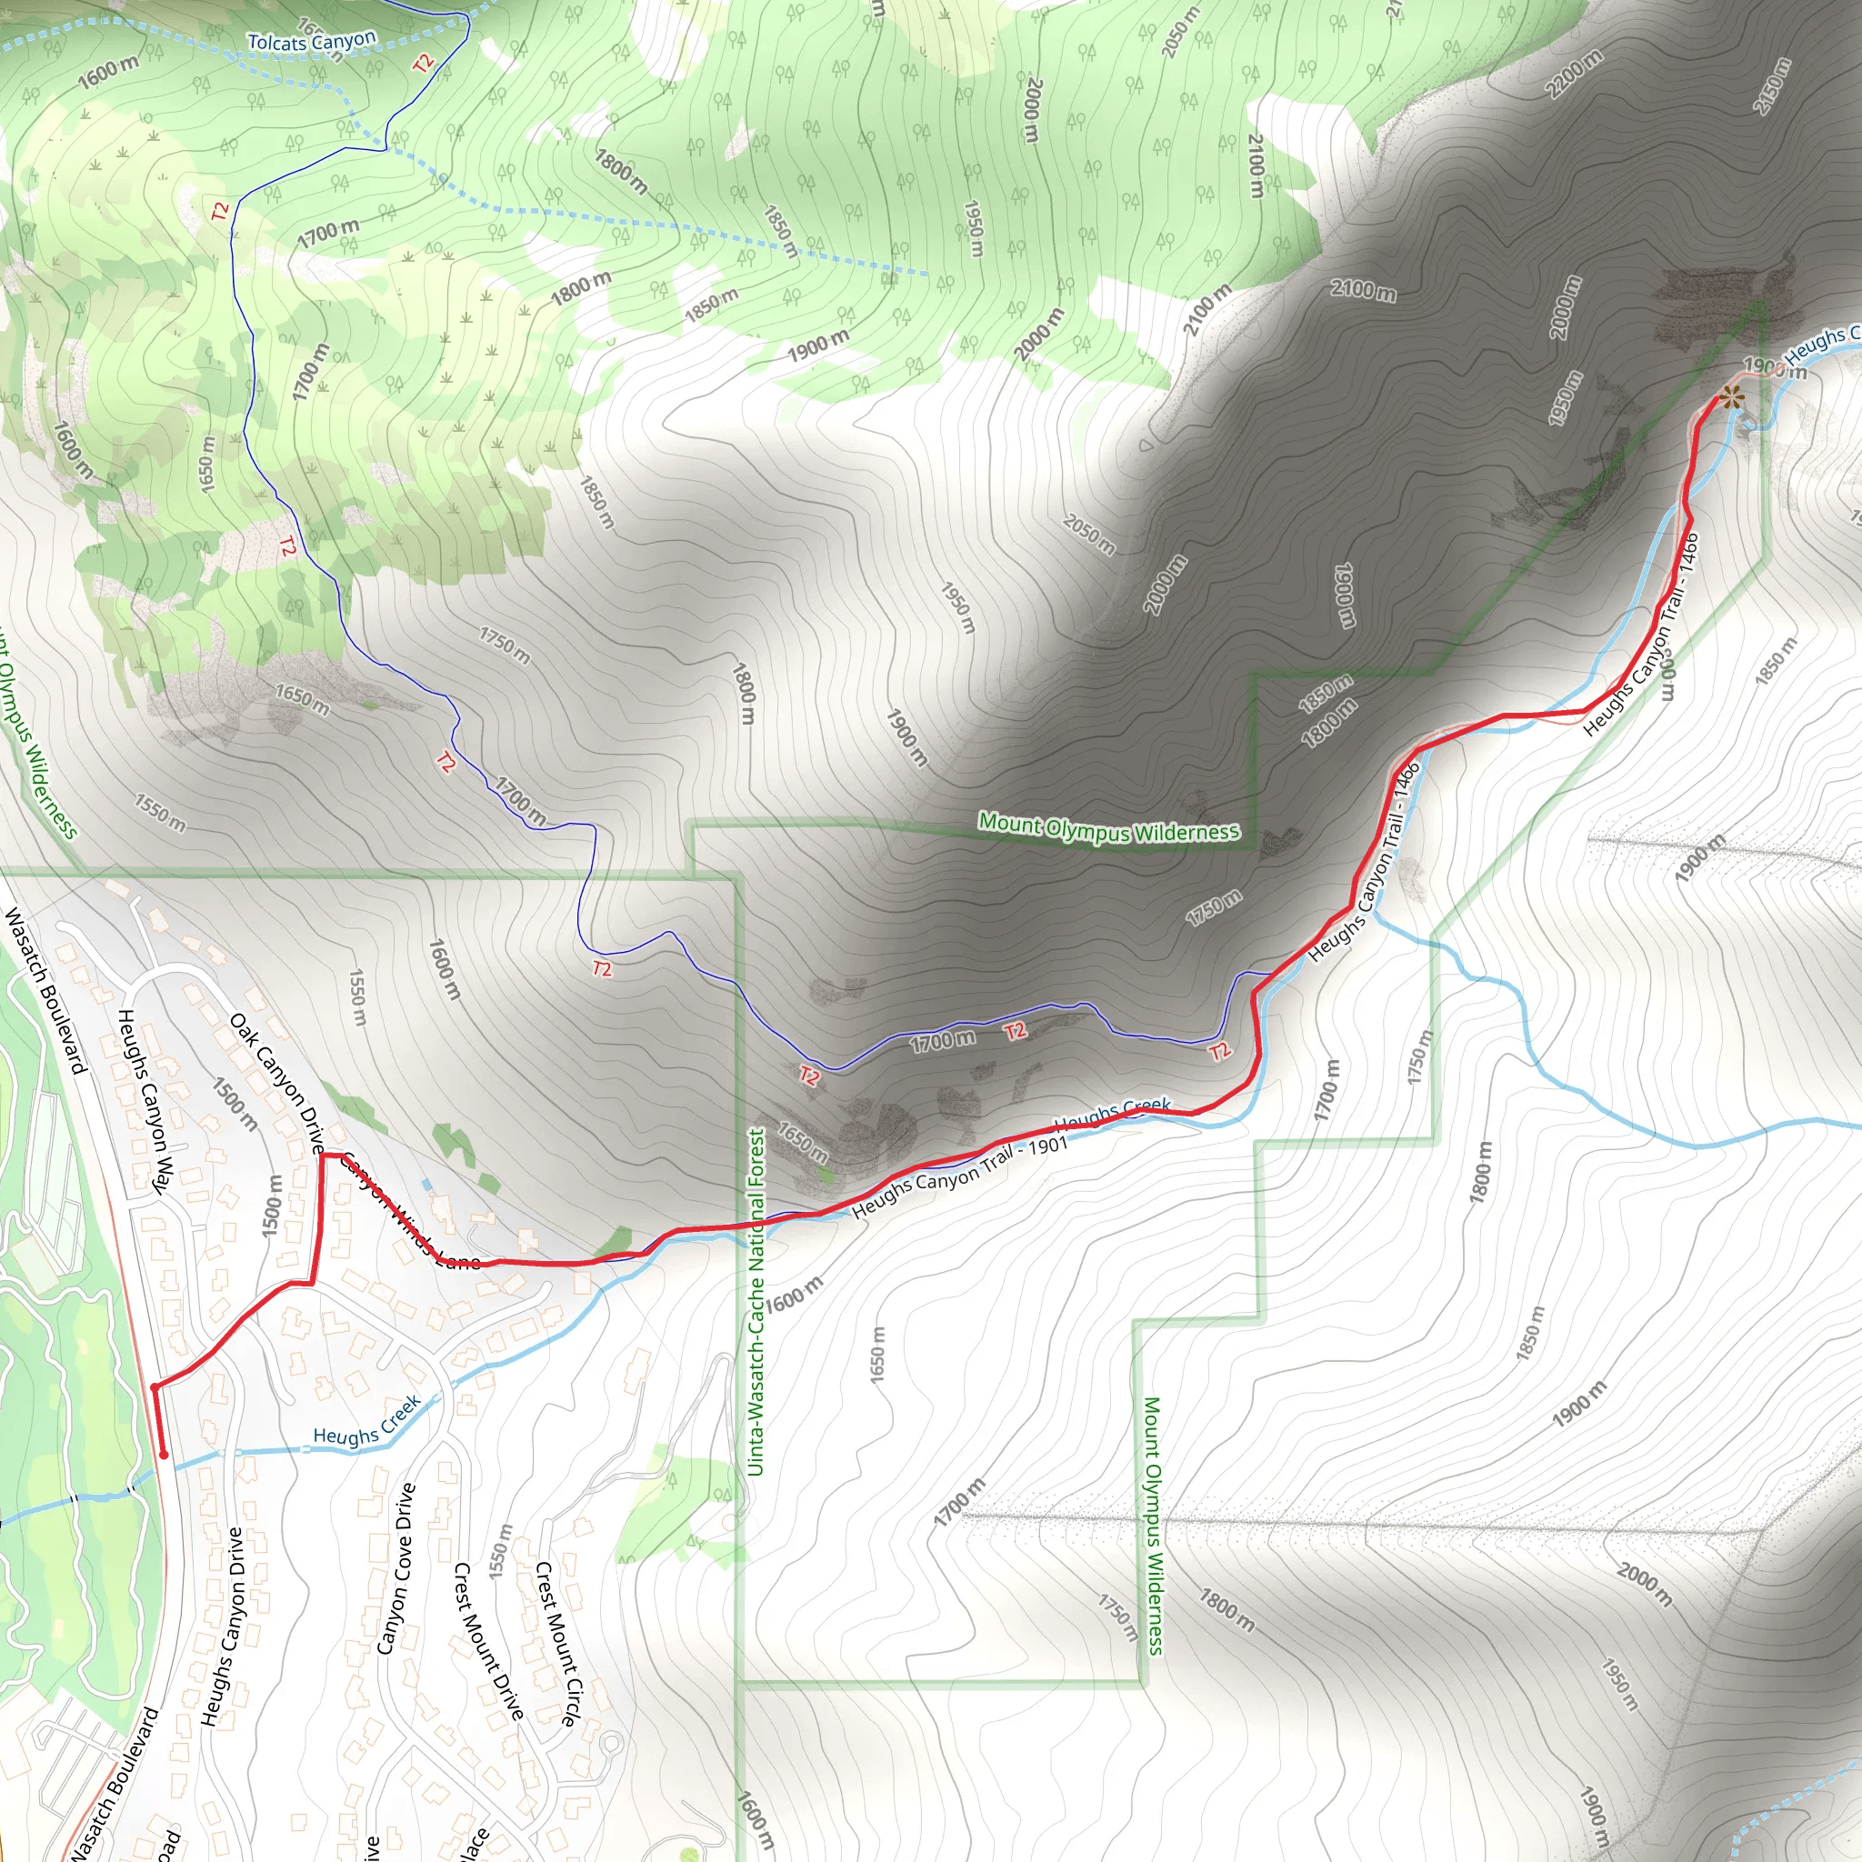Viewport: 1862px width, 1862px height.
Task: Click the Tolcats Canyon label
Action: point(311,42)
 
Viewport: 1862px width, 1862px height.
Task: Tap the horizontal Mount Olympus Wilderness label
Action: point(1108,828)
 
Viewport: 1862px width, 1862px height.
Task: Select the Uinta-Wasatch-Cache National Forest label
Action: point(756,1302)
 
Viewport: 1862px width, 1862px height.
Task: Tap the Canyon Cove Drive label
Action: point(396,1569)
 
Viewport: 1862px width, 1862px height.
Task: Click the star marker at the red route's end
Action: point(1731,396)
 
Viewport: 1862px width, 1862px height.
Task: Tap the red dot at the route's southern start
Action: point(164,1455)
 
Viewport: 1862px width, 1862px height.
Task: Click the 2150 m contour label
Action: point(1771,85)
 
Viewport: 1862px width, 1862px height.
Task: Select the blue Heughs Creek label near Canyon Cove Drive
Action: point(367,1422)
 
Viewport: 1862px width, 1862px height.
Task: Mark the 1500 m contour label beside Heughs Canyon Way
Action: point(235,1104)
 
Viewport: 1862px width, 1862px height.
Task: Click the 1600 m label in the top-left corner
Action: point(108,70)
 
